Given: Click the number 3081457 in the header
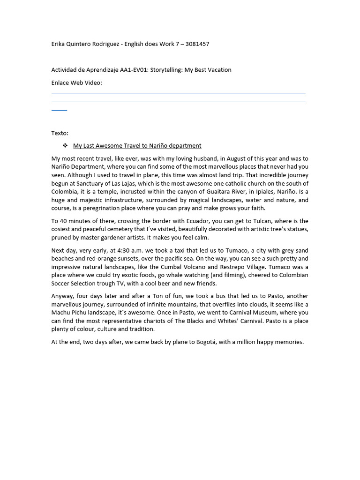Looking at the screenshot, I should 197,44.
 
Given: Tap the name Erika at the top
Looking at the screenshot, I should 59,44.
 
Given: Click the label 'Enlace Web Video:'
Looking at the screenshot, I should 76,83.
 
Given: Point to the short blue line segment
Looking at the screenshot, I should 59,110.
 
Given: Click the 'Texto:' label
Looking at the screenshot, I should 60,133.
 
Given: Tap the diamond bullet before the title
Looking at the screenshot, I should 66,146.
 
